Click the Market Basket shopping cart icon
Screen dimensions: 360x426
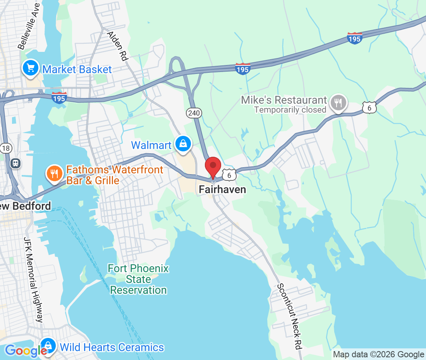pyautogui.click(x=31, y=68)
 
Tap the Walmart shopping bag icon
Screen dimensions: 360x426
pyautogui.click(x=183, y=144)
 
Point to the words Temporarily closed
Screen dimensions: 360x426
pyautogui.click(x=290, y=110)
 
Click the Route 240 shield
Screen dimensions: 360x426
pyautogui.click(x=194, y=113)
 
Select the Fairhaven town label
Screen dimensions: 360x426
pyautogui.click(x=222, y=189)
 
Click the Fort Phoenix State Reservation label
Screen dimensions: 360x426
pyautogui.click(x=138, y=279)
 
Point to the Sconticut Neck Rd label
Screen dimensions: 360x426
pyautogui.click(x=289, y=316)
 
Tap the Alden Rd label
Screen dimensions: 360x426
pyautogui.click(x=118, y=46)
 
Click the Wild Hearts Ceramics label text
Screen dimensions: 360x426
pyautogui.click(x=112, y=347)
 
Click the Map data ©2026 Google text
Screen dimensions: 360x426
pyautogui.click(x=378, y=354)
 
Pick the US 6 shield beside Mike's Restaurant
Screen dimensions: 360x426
pyautogui.click(x=369, y=108)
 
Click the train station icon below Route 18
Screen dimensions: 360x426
pyautogui.click(x=15, y=163)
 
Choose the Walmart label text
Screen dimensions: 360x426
pyautogui.click(x=151, y=145)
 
